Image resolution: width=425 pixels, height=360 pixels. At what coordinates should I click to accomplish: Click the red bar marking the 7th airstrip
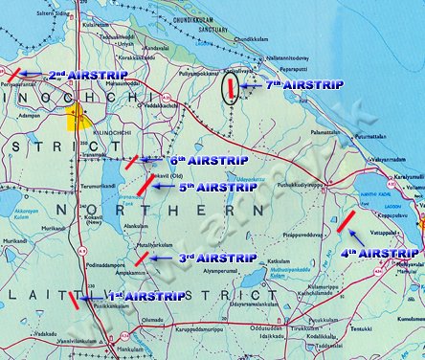(x=231, y=89)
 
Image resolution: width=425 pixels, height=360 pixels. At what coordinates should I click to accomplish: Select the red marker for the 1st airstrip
(x=73, y=300)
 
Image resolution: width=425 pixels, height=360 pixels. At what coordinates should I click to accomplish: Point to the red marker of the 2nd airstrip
(x=12, y=73)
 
